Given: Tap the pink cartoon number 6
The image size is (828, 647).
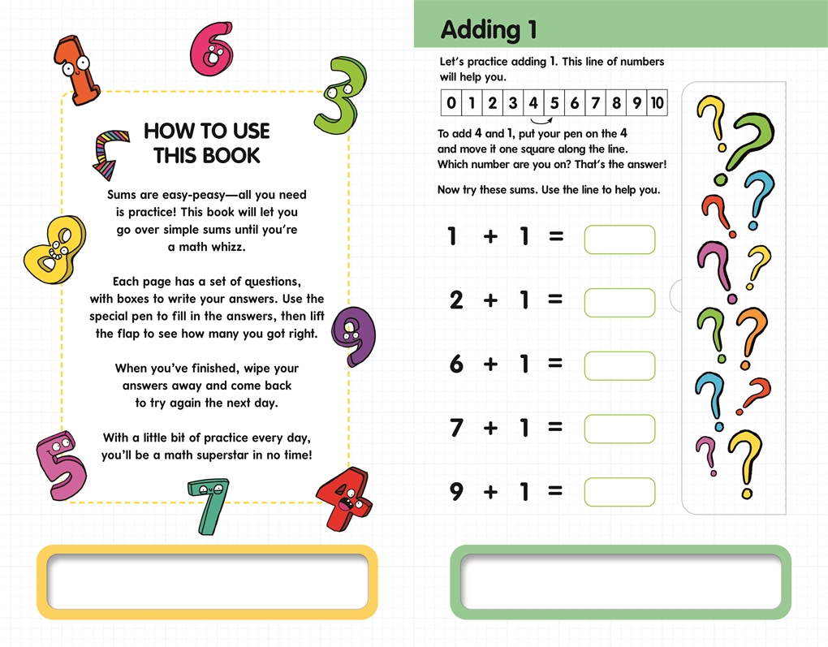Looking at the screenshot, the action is pos(211,49).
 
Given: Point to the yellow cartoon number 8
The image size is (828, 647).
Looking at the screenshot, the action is pos(55,249).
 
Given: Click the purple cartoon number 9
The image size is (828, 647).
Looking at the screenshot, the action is pos(355,335).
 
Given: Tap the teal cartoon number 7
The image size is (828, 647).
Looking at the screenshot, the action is pos(209,506).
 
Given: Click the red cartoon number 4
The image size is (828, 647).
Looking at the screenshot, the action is pos(344,498).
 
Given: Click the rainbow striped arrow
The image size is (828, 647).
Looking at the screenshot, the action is pos(110,153).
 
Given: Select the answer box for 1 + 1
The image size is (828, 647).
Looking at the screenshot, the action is pos(619,239).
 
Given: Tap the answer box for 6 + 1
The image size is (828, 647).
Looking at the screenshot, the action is pos(619,365).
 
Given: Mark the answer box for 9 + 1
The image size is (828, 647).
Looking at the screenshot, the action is pos(619,492).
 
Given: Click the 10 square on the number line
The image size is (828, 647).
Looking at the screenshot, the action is pos(658,102).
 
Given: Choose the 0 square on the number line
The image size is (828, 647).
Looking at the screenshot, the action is pos(451,102).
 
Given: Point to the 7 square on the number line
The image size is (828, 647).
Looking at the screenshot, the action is pos(596,102).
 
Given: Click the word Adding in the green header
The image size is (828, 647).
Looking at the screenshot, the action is pos(481,30).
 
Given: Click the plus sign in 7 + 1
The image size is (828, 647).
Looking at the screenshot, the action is pos(490,427).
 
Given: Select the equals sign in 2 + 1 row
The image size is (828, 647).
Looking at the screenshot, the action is pos(555,300).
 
